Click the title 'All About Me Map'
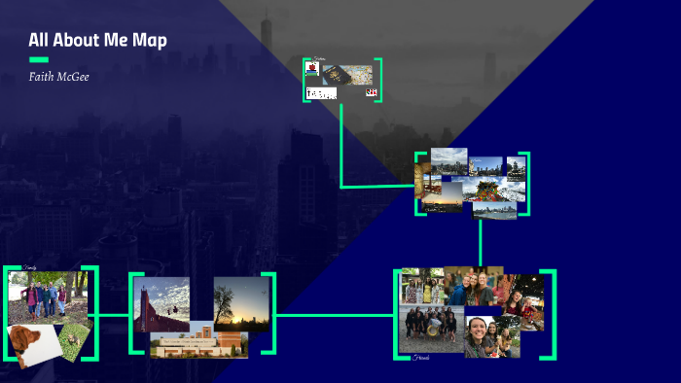(97, 41)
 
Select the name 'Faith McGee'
(58, 76)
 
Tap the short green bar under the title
(39, 59)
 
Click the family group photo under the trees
(45, 296)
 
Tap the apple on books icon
(312, 69)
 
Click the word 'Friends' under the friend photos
(420, 359)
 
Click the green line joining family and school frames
(114, 315)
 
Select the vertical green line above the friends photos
(480, 242)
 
